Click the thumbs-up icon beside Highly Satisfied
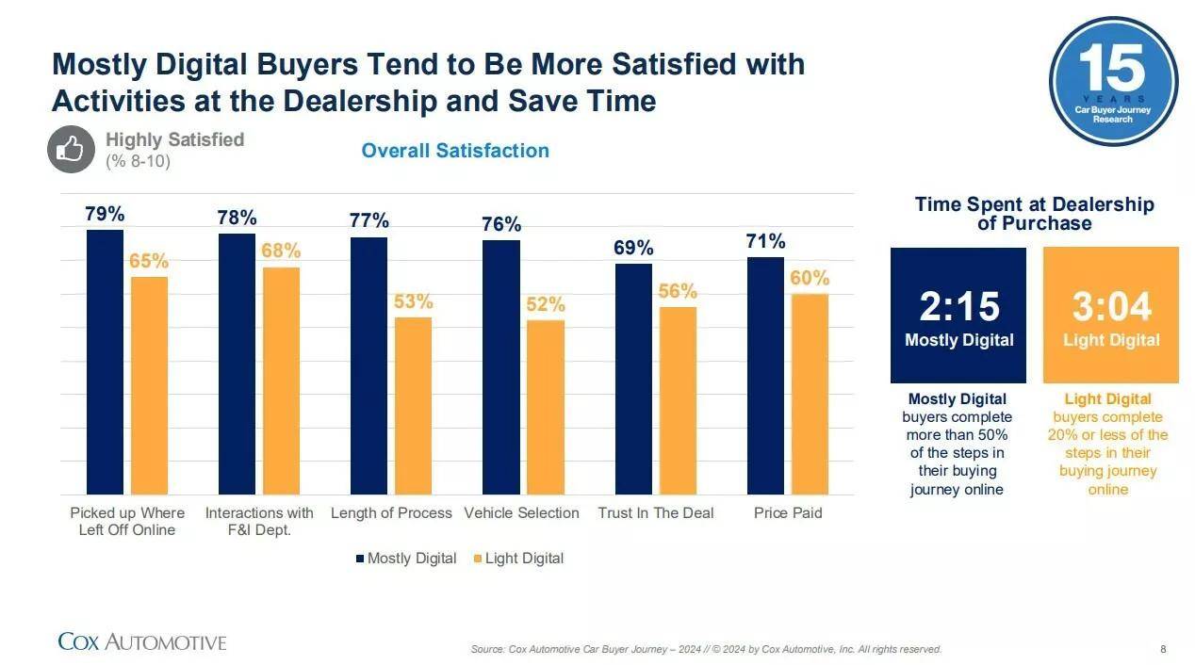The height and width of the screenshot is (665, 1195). [x=72, y=149]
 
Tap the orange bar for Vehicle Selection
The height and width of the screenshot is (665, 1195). [x=546, y=407]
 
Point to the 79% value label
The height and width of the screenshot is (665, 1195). [x=105, y=214]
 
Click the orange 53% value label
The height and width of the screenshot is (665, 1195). [x=413, y=301]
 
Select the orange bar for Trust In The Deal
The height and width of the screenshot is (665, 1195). [x=678, y=400]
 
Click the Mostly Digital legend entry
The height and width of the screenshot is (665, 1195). [x=406, y=559]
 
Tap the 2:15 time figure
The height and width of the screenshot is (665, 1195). [x=958, y=307]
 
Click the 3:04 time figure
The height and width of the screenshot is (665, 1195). [x=1111, y=307]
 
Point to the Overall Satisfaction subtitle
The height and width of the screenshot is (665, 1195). [x=455, y=151]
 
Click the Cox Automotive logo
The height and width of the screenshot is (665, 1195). [x=142, y=642]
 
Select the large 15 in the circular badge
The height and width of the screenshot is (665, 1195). [x=1112, y=70]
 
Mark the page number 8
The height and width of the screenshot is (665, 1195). [x=1163, y=649]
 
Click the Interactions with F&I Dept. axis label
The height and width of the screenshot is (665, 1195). [x=259, y=521]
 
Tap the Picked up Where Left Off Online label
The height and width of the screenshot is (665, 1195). [x=127, y=521]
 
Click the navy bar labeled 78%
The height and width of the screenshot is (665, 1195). [x=237, y=364]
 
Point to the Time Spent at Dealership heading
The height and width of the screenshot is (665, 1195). [x=1034, y=214]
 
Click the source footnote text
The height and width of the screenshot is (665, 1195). [x=706, y=649]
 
